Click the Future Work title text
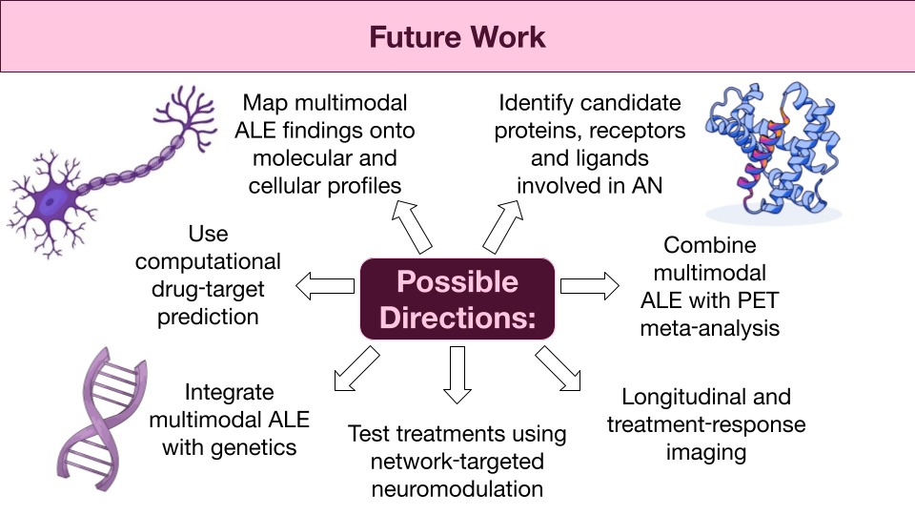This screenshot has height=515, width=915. click(457, 37)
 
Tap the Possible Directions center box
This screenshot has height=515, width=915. click(457, 299)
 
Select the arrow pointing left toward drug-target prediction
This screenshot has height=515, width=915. click(325, 286)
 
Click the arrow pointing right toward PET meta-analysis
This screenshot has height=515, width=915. click(589, 286)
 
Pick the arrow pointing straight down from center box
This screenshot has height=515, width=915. click(457, 375)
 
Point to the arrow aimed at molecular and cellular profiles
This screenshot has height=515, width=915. click(412, 227)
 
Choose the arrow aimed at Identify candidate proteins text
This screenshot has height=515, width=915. click(503, 227)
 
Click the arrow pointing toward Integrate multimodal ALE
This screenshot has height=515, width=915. click(356, 368)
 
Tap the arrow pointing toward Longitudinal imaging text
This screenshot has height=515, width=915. click(558, 368)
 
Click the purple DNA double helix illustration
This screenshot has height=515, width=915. click(101, 420)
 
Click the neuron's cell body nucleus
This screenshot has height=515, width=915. click(51, 202)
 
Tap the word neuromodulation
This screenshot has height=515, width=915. click(457, 488)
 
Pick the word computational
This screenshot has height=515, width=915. click(208, 261)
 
